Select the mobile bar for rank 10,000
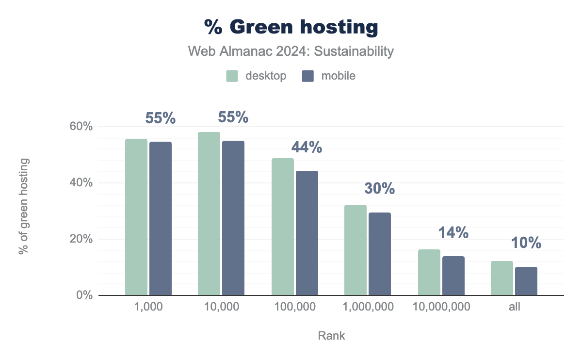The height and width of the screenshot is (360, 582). pos(233,218)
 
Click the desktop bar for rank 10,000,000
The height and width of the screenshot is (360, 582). pos(429,272)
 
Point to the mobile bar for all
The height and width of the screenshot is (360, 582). pos(526,281)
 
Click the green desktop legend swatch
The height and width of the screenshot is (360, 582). pos(232,76)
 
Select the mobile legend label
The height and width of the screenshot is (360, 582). pos(338,76)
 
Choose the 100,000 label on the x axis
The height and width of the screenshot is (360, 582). pos(294,307)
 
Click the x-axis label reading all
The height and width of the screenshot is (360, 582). pos(514,307)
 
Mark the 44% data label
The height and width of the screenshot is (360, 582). pos(307,147)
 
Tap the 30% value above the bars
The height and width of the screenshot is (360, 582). pos(380,188)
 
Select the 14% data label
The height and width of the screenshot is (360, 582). pos(453,233)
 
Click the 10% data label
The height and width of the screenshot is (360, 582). pos(526,243)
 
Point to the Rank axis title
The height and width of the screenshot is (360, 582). pos(332,335)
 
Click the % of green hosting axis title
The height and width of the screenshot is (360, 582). pos(23,206)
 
